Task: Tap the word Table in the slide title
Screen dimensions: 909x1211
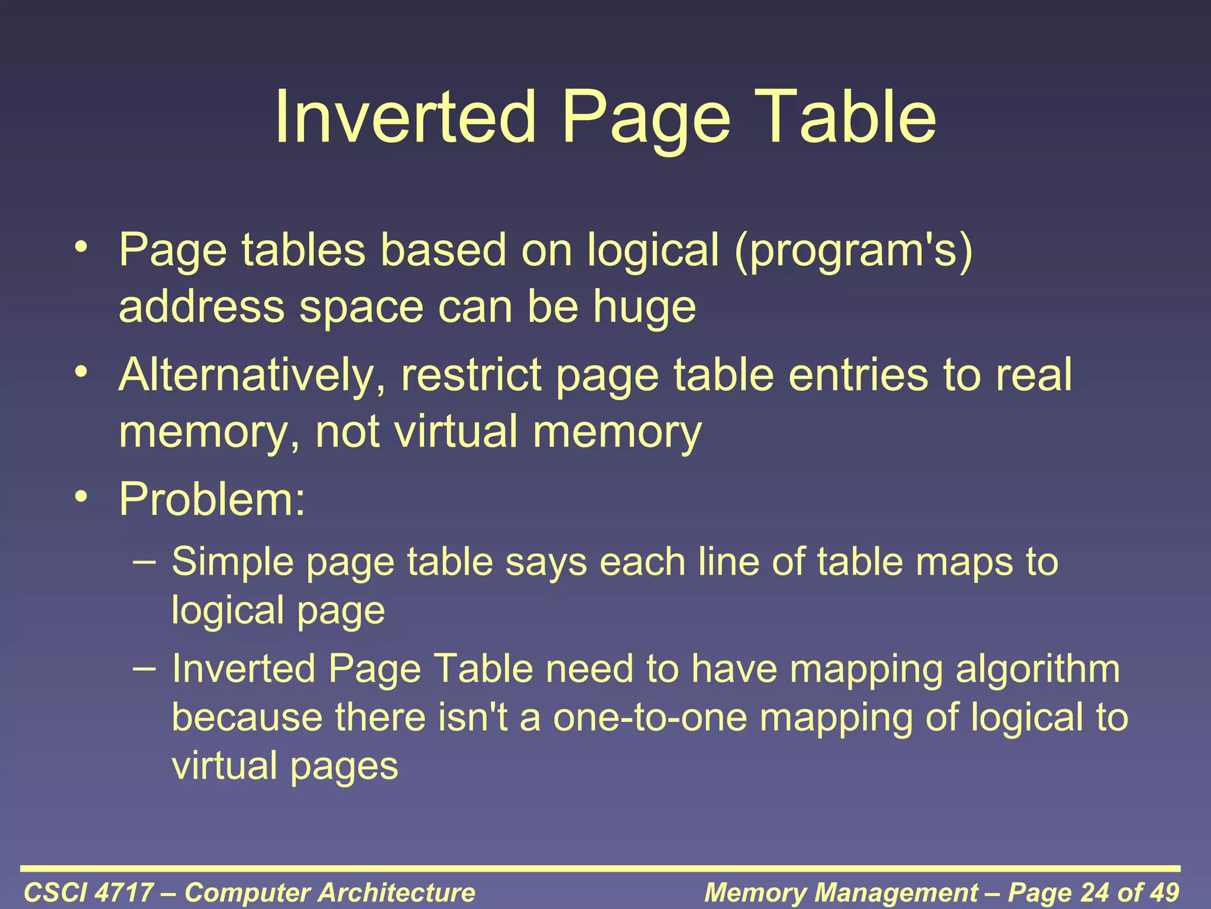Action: click(847, 117)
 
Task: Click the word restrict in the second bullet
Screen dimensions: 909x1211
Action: click(471, 376)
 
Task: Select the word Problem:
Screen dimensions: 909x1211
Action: click(212, 499)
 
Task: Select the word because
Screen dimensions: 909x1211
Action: click(247, 717)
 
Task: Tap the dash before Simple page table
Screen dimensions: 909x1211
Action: click(145, 560)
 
